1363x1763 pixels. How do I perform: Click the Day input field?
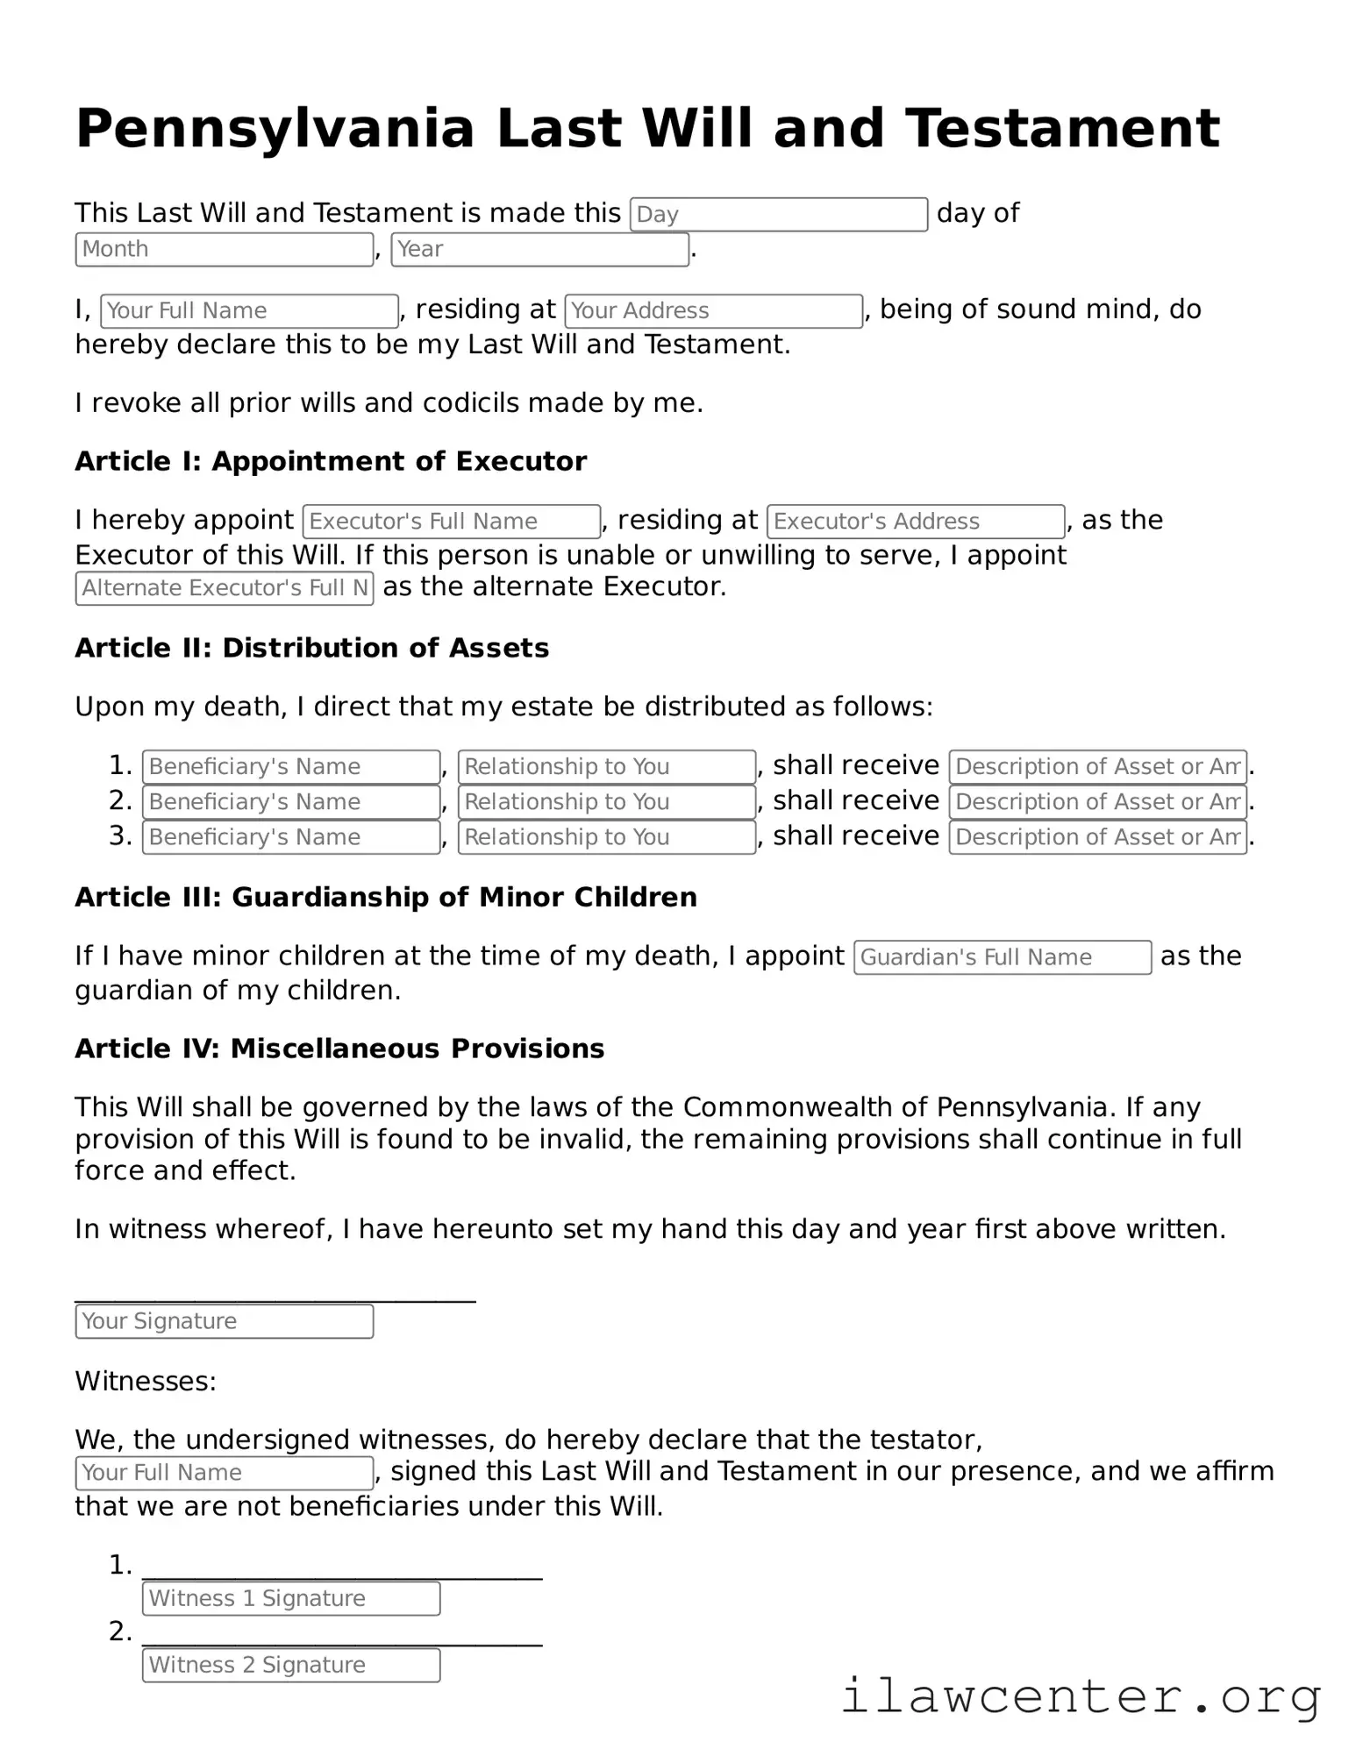coord(778,214)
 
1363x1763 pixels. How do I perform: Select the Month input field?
coord(225,249)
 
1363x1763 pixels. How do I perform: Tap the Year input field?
coord(539,249)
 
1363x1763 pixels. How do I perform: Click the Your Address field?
coord(713,310)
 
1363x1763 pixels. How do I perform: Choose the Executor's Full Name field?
coord(451,521)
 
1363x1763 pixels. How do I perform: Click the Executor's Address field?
coord(915,521)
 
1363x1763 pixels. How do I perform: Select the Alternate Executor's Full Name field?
coord(225,588)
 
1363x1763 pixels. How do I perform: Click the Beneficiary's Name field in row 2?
coord(290,801)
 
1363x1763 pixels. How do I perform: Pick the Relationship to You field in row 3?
coord(606,836)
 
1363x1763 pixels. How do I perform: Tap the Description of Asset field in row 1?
coord(1097,766)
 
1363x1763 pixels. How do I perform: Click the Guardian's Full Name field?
coord(1002,956)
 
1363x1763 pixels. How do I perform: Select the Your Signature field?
coord(225,1320)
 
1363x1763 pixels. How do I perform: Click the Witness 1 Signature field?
coord(290,1597)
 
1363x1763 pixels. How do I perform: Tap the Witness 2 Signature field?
coord(290,1664)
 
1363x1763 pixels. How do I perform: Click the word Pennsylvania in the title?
coord(275,129)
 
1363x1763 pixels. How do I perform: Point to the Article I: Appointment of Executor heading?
coord(331,461)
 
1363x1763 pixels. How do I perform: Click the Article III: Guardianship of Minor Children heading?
coord(386,897)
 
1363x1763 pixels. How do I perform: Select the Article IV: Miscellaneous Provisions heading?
coord(339,1049)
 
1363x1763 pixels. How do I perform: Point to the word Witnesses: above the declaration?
coord(146,1381)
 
